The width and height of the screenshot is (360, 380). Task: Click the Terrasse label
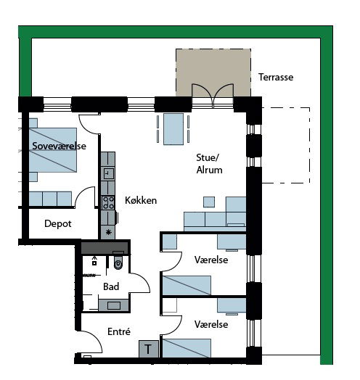point(276,77)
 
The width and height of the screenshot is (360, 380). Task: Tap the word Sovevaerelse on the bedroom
point(59,146)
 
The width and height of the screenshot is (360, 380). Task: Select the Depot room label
point(58,223)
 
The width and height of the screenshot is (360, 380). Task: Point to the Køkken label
point(141,200)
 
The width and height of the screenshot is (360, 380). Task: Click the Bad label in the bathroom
point(111,286)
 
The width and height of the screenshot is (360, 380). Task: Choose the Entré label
point(119,331)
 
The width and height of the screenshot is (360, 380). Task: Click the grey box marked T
point(149,349)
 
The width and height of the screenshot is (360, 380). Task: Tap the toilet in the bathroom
point(118,262)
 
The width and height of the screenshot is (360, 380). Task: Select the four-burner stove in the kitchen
point(108,202)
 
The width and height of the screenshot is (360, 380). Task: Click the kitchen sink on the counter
point(108,173)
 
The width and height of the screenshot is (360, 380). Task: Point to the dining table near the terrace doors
point(173,129)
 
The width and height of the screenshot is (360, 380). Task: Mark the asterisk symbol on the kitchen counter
point(108,232)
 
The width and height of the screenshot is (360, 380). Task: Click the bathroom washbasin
point(114,305)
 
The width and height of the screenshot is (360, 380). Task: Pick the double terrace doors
point(213,96)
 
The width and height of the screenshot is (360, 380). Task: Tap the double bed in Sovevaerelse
point(53,150)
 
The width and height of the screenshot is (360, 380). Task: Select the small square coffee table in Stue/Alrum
point(209,202)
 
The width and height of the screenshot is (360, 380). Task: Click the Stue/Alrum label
point(209,164)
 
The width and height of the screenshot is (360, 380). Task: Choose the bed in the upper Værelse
point(187,285)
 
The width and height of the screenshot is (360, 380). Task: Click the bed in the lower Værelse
point(187,348)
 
